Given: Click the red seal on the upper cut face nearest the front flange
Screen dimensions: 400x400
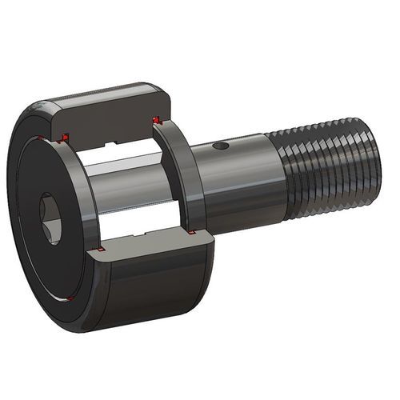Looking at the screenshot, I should (66, 134).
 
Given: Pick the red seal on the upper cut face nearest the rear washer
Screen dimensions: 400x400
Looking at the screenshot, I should (157, 121).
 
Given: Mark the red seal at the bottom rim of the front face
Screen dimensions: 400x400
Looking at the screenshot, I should (70, 299).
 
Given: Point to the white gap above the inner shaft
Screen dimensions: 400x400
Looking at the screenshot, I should (120, 152).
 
